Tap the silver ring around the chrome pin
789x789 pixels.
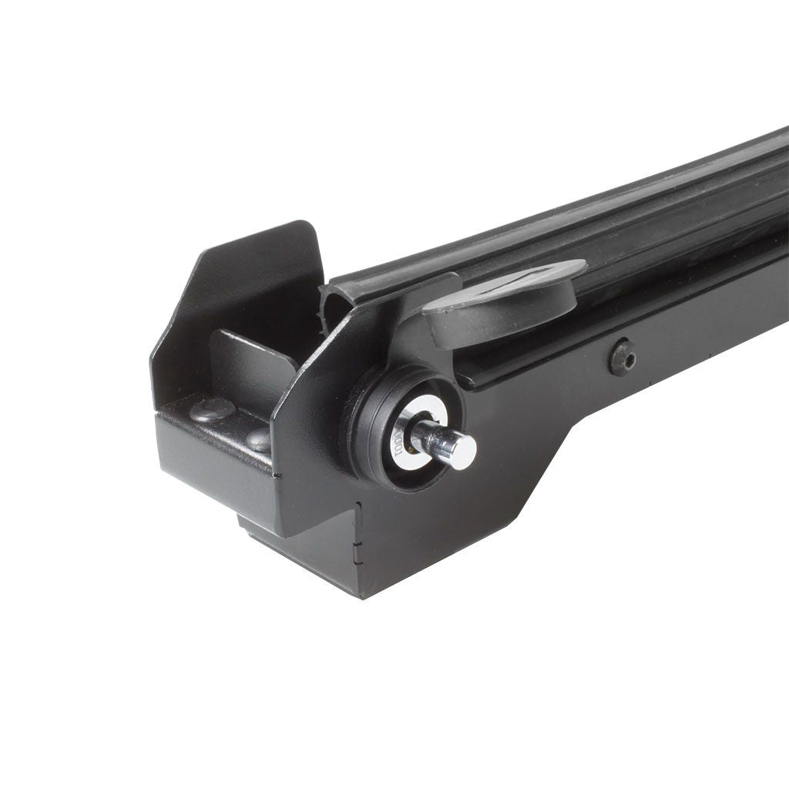[416, 420]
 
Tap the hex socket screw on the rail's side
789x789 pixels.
[623, 358]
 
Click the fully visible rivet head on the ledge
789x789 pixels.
[212, 409]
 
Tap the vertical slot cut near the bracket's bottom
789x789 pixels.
[358, 532]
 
